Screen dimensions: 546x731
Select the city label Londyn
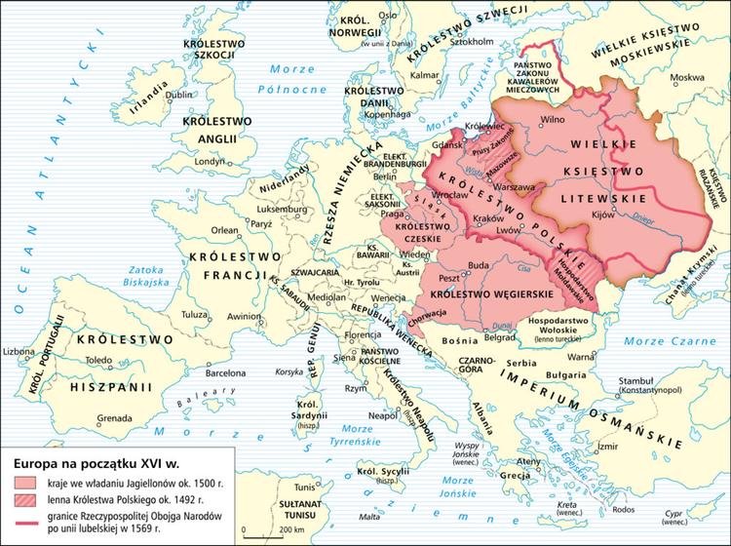[x=211, y=162]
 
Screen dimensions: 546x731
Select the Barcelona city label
[x=224, y=371]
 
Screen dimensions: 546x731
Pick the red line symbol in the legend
[x=25, y=519]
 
